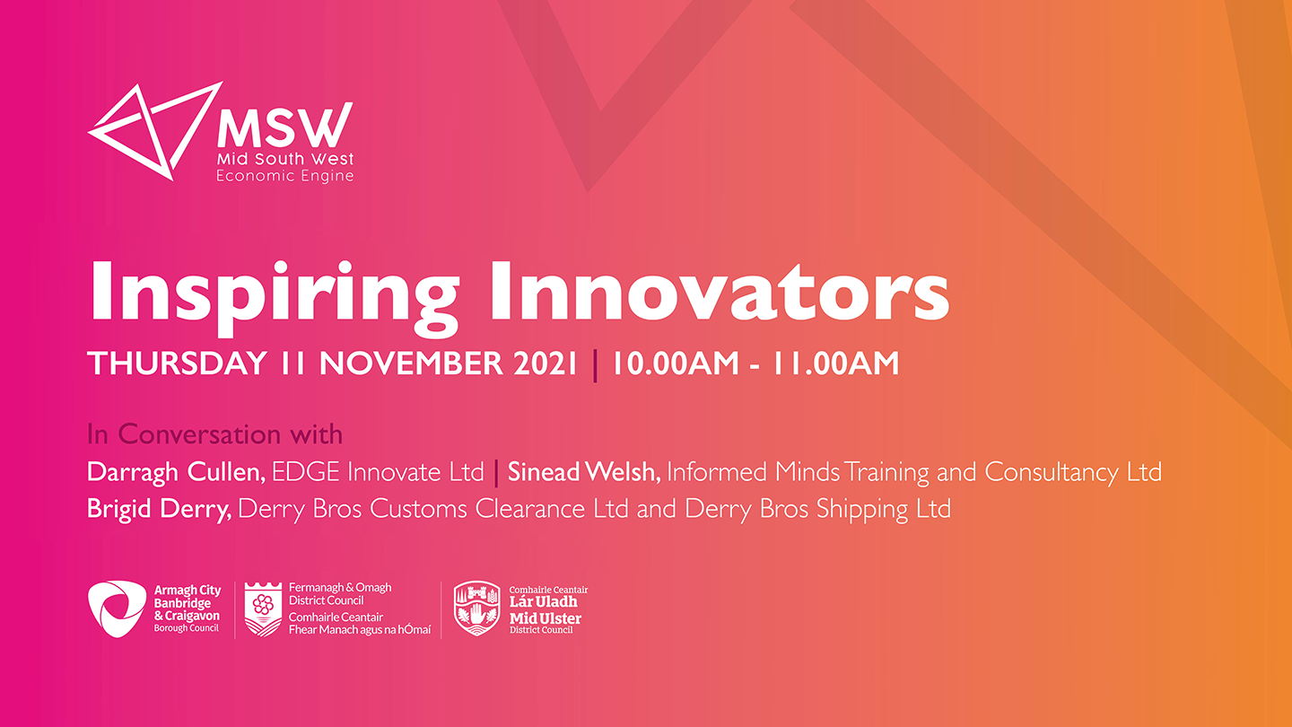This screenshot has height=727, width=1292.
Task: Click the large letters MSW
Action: coord(285,126)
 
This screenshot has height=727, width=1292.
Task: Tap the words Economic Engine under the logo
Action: coord(285,176)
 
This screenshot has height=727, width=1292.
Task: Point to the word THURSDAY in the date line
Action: coord(177,363)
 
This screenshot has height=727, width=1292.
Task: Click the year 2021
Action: coord(546,363)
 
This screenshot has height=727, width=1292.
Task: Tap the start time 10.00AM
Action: coord(675,363)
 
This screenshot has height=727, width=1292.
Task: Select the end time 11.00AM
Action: coord(836,363)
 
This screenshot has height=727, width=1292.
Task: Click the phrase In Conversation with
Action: coord(214,434)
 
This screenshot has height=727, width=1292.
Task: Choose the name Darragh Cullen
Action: coord(176,472)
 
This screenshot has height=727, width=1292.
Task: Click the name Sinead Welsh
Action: coord(584,472)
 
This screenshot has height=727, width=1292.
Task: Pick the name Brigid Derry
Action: coord(159,510)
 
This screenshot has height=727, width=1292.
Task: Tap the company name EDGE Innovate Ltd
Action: coord(378,472)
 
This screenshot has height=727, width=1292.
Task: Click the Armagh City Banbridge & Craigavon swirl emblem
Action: coord(117,609)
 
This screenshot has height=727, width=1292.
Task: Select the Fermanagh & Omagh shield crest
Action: coord(263,609)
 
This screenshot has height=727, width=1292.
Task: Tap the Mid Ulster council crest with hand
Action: coord(476,609)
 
